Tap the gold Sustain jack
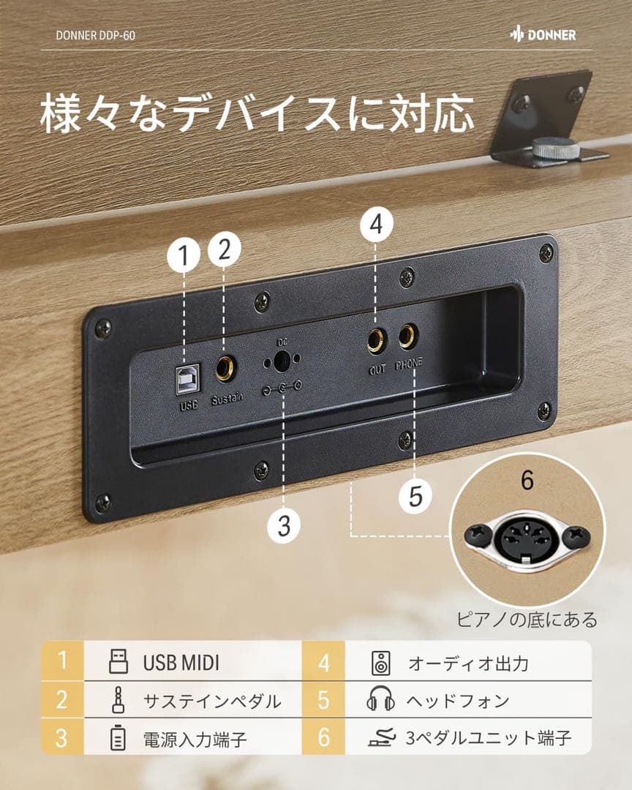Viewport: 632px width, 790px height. click(x=225, y=368)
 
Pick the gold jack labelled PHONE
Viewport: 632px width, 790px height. click(x=407, y=336)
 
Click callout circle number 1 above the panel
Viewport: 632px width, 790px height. click(x=184, y=255)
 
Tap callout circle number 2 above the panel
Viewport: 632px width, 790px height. click(x=225, y=249)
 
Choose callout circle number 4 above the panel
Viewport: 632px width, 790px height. click(x=377, y=225)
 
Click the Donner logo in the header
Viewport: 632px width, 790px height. click(x=543, y=34)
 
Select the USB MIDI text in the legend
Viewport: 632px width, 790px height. click(x=181, y=663)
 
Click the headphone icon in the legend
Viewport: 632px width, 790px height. click(x=380, y=701)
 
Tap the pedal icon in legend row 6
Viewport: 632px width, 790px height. click(x=381, y=737)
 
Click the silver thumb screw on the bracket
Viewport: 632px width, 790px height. click(x=556, y=148)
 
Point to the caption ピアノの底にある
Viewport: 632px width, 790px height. click(x=527, y=620)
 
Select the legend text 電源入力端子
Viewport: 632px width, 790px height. click(x=195, y=739)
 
